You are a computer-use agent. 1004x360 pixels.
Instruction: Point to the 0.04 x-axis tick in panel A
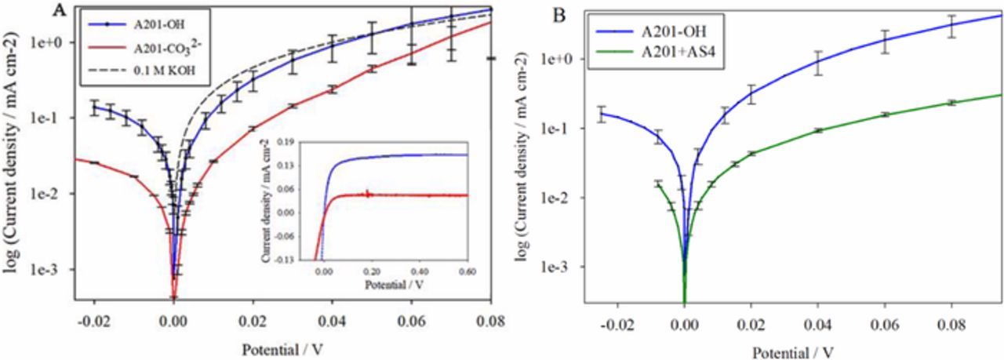(x=332, y=320)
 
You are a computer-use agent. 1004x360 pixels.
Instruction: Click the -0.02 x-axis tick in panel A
(x=93, y=320)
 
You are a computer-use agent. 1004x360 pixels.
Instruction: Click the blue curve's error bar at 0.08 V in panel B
(x=952, y=27)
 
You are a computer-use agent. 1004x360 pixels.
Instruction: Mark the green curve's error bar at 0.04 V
(x=819, y=130)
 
